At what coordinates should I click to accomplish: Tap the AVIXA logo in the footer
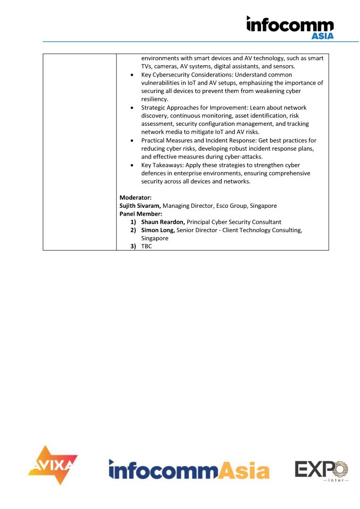(x=53, y=465)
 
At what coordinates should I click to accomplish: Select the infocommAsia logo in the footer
(x=189, y=469)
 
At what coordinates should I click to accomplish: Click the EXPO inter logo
(x=321, y=471)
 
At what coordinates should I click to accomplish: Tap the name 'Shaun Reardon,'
(x=163, y=222)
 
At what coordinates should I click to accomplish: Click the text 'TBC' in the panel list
(x=147, y=246)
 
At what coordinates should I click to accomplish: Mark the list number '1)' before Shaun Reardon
(x=133, y=222)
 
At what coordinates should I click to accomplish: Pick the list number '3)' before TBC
(x=133, y=246)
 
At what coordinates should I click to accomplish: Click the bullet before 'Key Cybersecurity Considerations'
(x=131, y=75)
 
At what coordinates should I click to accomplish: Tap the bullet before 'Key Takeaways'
(x=131, y=165)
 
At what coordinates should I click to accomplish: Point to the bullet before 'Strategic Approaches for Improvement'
(x=131, y=108)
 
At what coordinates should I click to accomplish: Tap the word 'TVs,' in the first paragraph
(x=148, y=67)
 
